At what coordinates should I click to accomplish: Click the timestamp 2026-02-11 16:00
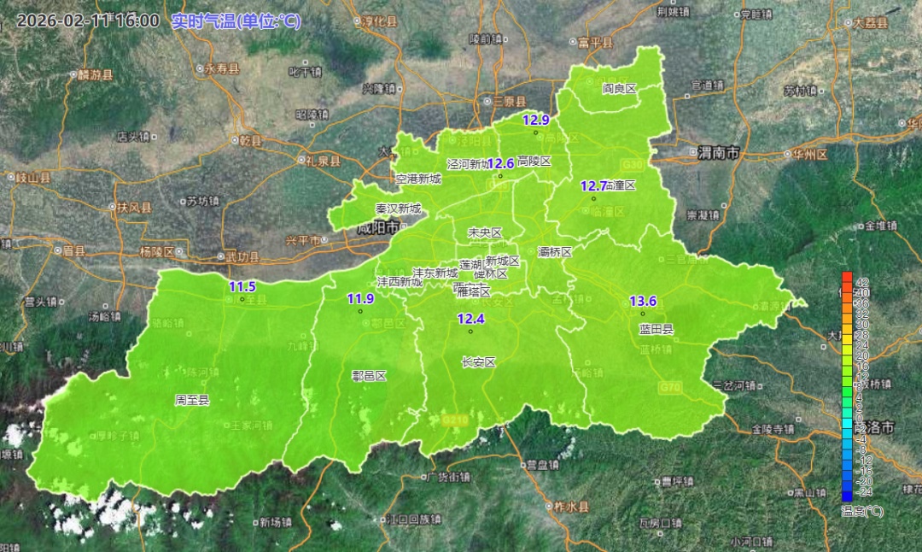87,21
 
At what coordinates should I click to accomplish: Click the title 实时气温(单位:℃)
236,21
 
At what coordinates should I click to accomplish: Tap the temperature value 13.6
643,301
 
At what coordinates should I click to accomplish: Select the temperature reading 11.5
242,287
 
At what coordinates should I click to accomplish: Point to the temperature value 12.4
470,320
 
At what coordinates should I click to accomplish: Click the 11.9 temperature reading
360,299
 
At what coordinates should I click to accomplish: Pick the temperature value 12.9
536,120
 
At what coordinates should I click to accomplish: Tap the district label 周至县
192,399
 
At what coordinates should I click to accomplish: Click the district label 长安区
478,361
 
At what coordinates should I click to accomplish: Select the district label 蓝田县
656,329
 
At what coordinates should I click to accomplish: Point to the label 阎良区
620,88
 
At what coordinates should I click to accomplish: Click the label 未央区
485,232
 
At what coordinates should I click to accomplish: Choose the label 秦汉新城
398,208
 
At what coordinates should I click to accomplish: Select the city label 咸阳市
378,228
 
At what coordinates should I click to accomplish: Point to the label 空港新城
418,179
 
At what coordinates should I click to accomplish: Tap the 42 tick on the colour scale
862,282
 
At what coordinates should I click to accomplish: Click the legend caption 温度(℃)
862,511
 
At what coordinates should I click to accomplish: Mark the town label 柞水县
572,506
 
